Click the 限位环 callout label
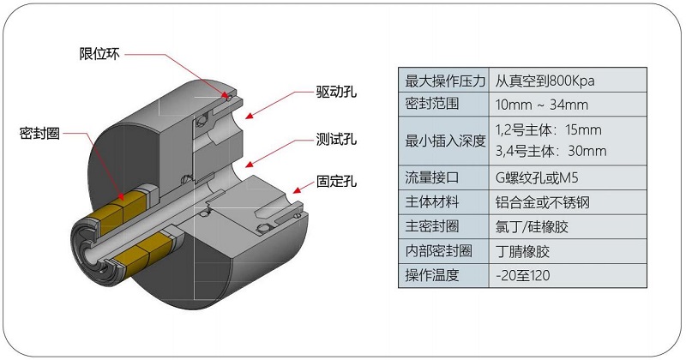click(x=99, y=54)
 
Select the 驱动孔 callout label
click(x=335, y=92)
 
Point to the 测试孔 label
click(x=335, y=138)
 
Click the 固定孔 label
click(x=335, y=181)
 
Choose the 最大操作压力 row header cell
click(x=444, y=81)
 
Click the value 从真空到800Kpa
click(x=545, y=81)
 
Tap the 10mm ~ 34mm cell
click(x=541, y=105)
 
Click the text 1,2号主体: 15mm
click(x=550, y=130)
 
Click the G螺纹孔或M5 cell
click(x=538, y=179)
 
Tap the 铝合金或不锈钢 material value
click(x=543, y=203)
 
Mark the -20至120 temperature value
click(x=522, y=275)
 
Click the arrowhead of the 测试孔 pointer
click(x=249, y=162)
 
